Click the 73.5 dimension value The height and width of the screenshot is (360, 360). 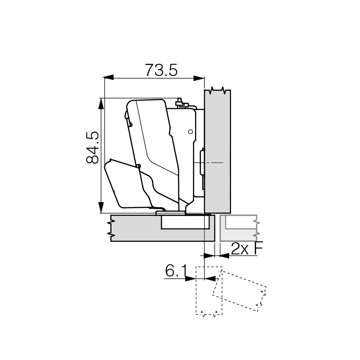[x=161, y=70]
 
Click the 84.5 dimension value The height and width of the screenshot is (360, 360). [x=93, y=147]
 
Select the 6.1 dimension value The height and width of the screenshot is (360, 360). [x=176, y=271]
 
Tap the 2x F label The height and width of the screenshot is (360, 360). [x=247, y=249]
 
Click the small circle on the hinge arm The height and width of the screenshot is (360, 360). [x=190, y=132]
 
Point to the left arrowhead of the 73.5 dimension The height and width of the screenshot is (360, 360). [x=109, y=78]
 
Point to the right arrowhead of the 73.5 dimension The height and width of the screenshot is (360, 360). [x=199, y=78]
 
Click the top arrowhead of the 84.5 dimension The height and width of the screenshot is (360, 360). [x=101, y=103]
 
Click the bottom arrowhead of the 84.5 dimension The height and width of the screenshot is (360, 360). [x=101, y=208]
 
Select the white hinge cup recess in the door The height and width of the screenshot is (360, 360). [x=185, y=222]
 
